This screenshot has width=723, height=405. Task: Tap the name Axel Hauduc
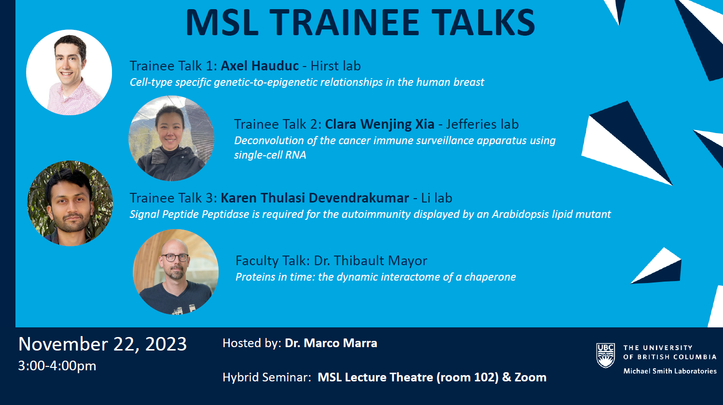[260, 66]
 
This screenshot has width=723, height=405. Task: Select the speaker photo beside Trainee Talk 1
[69, 72]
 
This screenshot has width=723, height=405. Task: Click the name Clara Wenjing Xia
[379, 124]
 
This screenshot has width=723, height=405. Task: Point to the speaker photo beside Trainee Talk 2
[171, 138]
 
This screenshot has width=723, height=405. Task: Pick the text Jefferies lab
[482, 124]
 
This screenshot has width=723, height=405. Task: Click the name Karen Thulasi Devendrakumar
[315, 198]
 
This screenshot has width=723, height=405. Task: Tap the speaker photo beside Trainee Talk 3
[70, 203]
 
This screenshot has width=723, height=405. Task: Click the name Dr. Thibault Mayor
[371, 260]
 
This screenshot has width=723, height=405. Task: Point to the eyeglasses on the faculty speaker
[175, 257]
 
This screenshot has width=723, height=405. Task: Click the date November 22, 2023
[103, 344]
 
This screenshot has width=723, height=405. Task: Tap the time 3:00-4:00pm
[57, 366]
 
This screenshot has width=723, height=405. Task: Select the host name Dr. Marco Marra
[331, 343]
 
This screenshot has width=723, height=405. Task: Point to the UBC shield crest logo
[606, 355]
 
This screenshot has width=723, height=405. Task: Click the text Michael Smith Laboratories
[670, 371]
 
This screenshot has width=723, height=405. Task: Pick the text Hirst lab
[335, 66]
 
